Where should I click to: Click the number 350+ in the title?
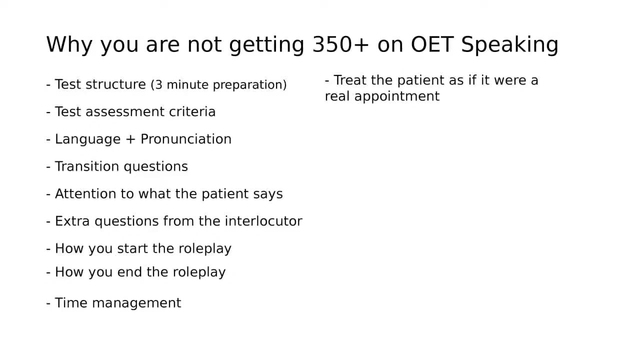tap(341, 44)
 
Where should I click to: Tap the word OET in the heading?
tap(432, 44)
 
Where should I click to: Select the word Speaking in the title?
tap(509, 45)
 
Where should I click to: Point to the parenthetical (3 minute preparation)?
tap(219, 85)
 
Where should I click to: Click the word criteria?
tap(192, 111)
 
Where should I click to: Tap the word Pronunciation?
tap(186, 139)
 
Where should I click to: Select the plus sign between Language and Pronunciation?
tap(130, 139)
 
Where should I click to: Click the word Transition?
tap(87, 166)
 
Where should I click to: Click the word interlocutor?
tap(263, 221)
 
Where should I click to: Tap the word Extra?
tap(72, 221)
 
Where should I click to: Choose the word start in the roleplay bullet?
tap(132, 248)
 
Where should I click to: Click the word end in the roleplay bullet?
tap(129, 272)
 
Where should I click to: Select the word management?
tap(136, 303)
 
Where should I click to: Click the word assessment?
tap(125, 112)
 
